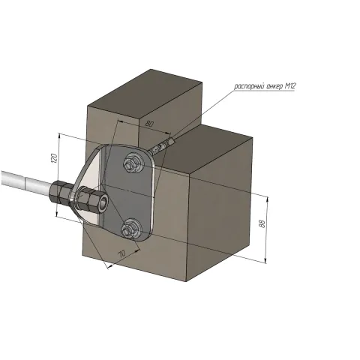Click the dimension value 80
[149, 124]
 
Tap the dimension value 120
[54, 158]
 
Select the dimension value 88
[262, 223]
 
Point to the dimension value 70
[122, 254]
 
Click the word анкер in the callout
[274, 86]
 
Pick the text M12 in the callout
[290, 86]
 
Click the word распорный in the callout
[249, 87]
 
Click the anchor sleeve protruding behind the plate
[162, 146]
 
